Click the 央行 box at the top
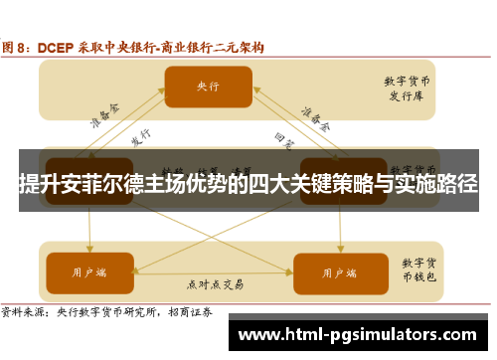(x=207, y=87)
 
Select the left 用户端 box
(x=89, y=270)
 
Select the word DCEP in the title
(x=59, y=47)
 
